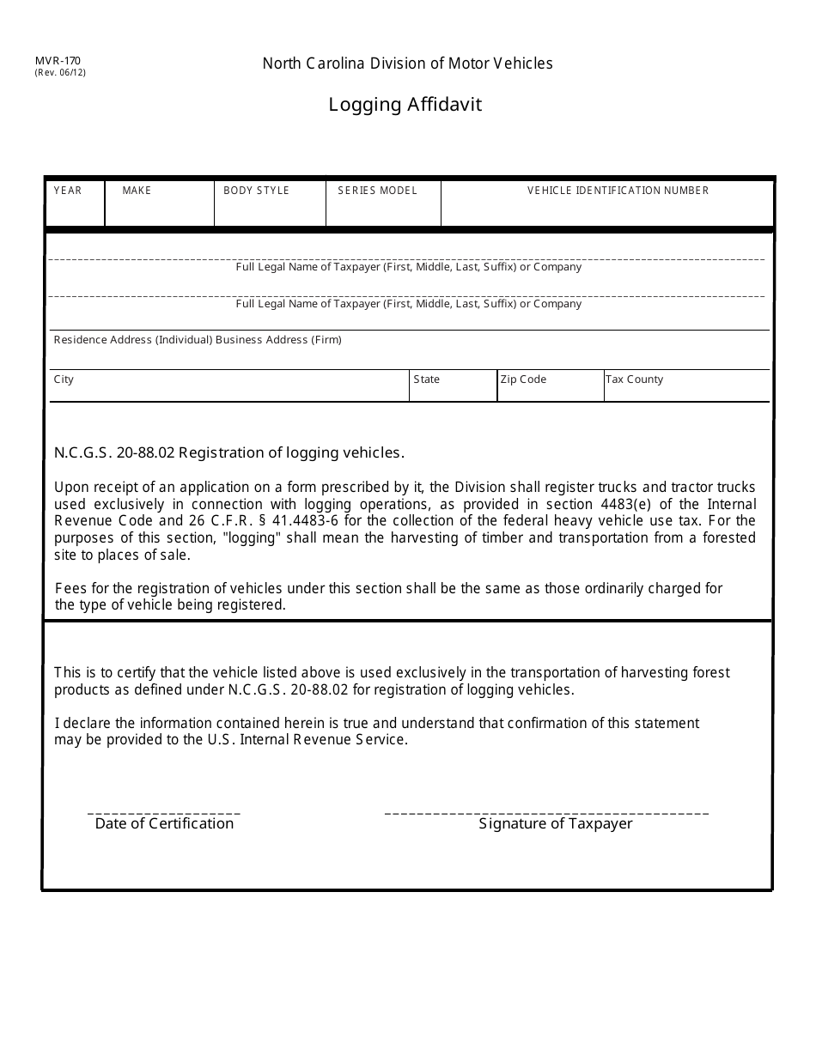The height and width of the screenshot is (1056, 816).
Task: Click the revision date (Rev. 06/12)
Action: (x=60, y=73)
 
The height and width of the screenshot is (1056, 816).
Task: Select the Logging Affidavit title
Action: (x=405, y=105)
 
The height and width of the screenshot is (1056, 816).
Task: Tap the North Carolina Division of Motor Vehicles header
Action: (x=407, y=64)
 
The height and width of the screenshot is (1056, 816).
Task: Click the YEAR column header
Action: (x=68, y=191)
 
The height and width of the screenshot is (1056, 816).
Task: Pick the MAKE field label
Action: (x=137, y=191)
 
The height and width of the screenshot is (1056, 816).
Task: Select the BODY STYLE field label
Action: (x=256, y=191)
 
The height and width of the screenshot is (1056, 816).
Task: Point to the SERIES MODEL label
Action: (x=377, y=191)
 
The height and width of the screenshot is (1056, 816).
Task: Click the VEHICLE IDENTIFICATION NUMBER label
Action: (x=618, y=191)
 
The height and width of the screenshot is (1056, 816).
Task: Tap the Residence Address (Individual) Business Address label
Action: (x=198, y=340)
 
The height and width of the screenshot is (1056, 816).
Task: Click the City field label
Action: (x=64, y=379)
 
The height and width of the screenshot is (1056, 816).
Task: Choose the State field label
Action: (x=426, y=379)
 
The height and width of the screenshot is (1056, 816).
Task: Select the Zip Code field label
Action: (x=523, y=379)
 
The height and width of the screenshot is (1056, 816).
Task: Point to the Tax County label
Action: (x=634, y=379)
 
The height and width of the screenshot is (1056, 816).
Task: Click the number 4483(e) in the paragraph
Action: (x=624, y=505)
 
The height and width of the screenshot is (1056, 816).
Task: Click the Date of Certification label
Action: (x=164, y=824)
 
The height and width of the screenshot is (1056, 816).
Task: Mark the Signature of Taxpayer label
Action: (x=555, y=824)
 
